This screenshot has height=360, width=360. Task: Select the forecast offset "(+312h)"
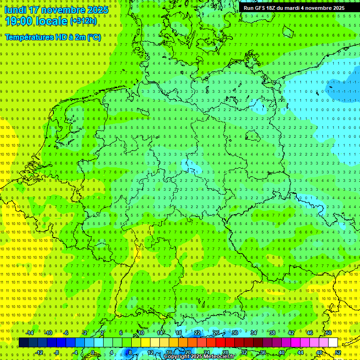83,21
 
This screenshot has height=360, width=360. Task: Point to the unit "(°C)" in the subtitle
94,37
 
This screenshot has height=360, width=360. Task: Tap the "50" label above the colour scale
328,333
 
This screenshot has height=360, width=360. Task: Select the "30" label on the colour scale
234,333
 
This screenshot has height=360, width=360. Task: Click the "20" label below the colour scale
187,352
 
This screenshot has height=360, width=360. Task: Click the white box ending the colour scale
333,343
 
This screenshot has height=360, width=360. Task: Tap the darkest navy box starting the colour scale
23,343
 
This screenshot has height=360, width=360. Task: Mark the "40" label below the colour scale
281,352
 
